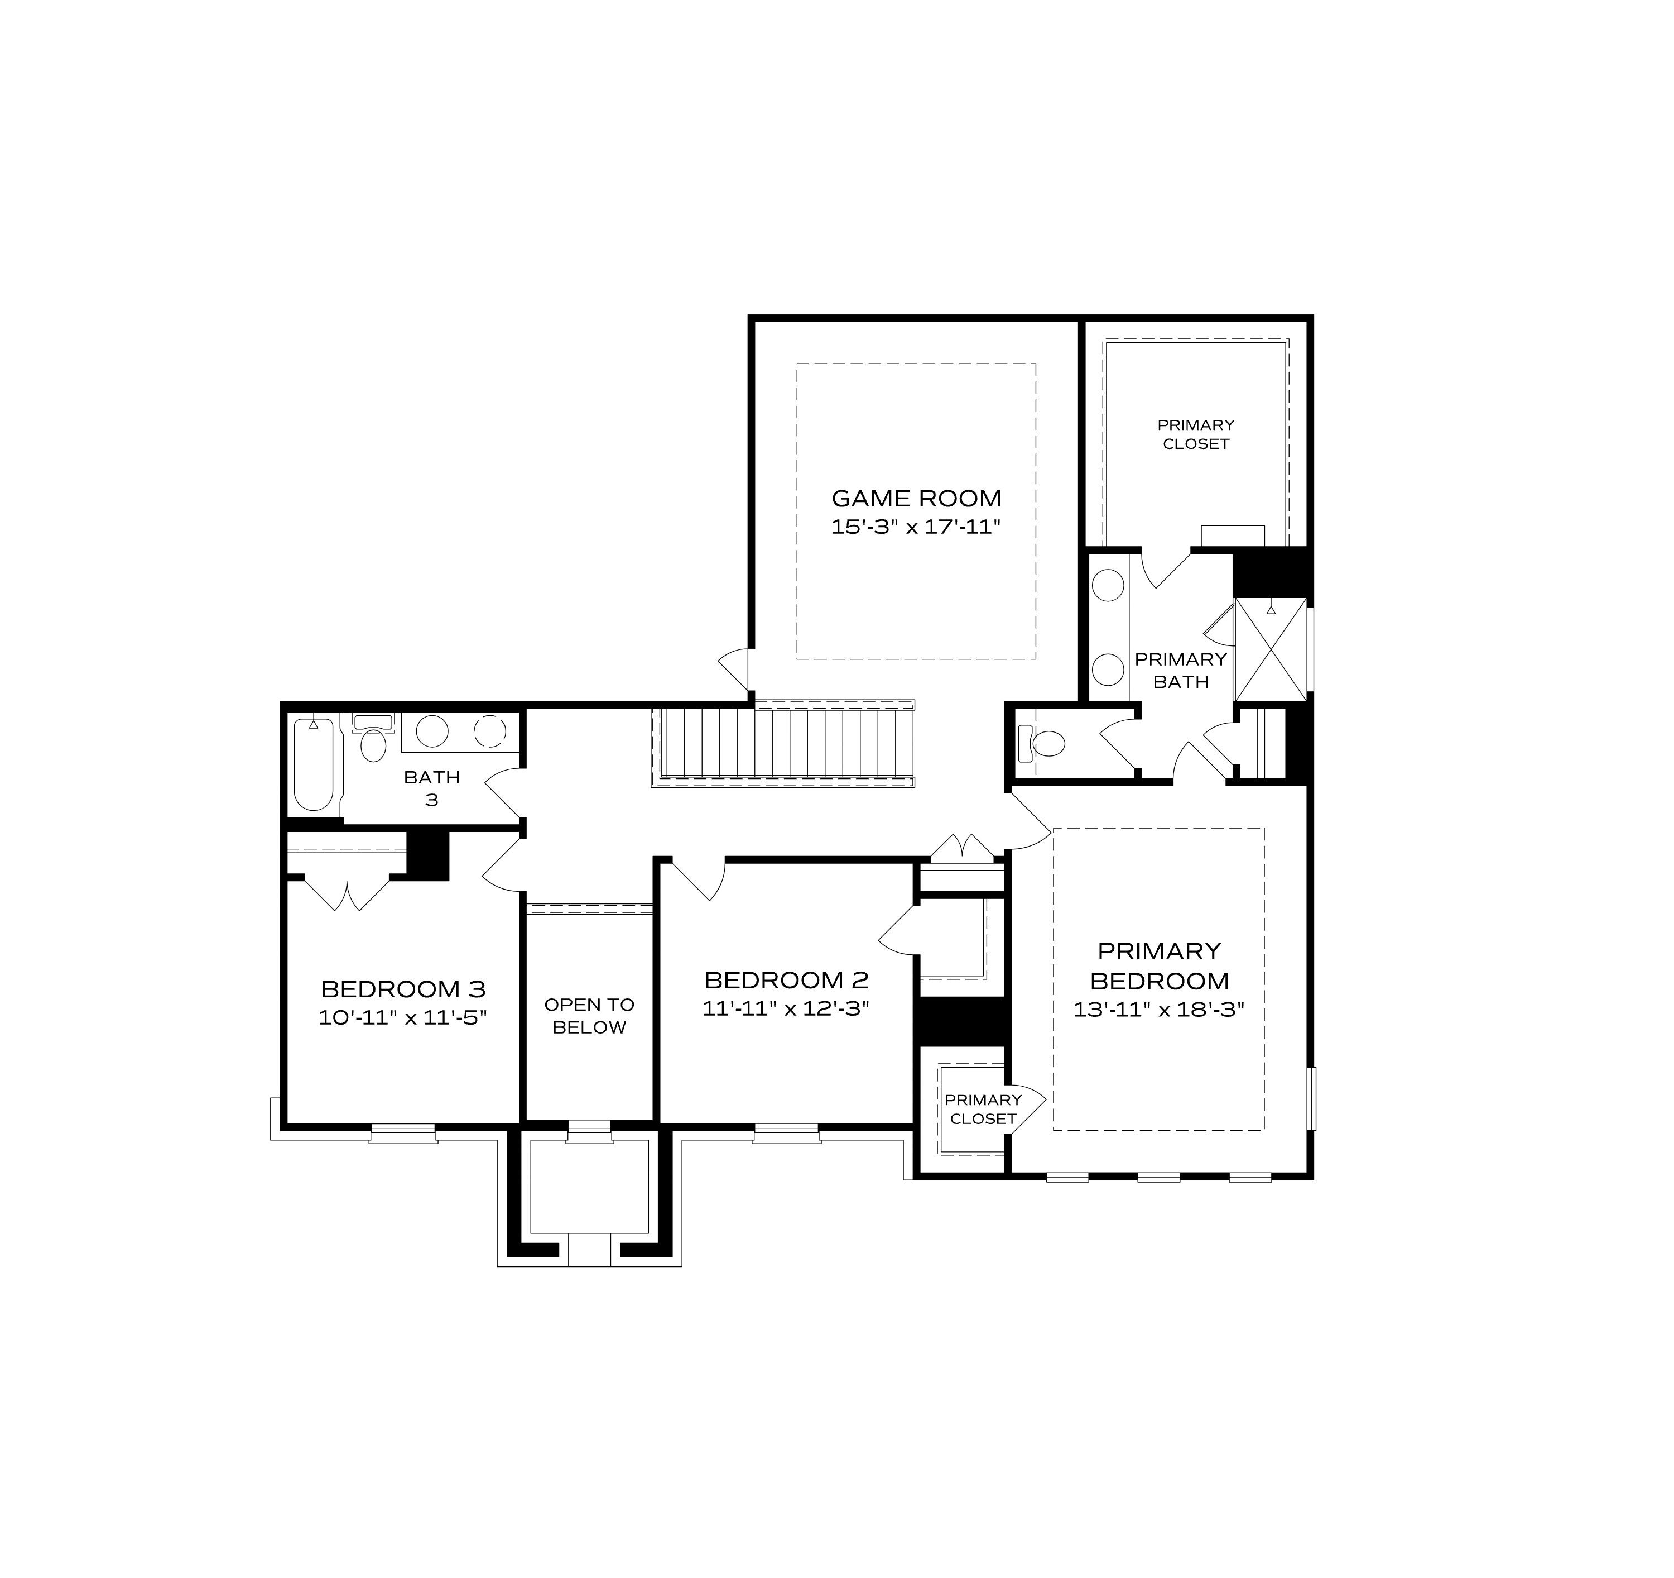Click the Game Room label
click(916, 498)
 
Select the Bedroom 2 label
click(786, 980)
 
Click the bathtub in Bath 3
click(314, 763)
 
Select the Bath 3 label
click(431, 788)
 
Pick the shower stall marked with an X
click(1270, 649)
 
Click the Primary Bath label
click(1181, 671)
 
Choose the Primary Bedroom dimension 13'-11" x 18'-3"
click(1158, 1010)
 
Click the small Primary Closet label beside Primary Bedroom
click(983, 1109)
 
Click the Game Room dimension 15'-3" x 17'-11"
click(916, 528)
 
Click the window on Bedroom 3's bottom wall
click(403, 1134)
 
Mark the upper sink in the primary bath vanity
click(1108, 586)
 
